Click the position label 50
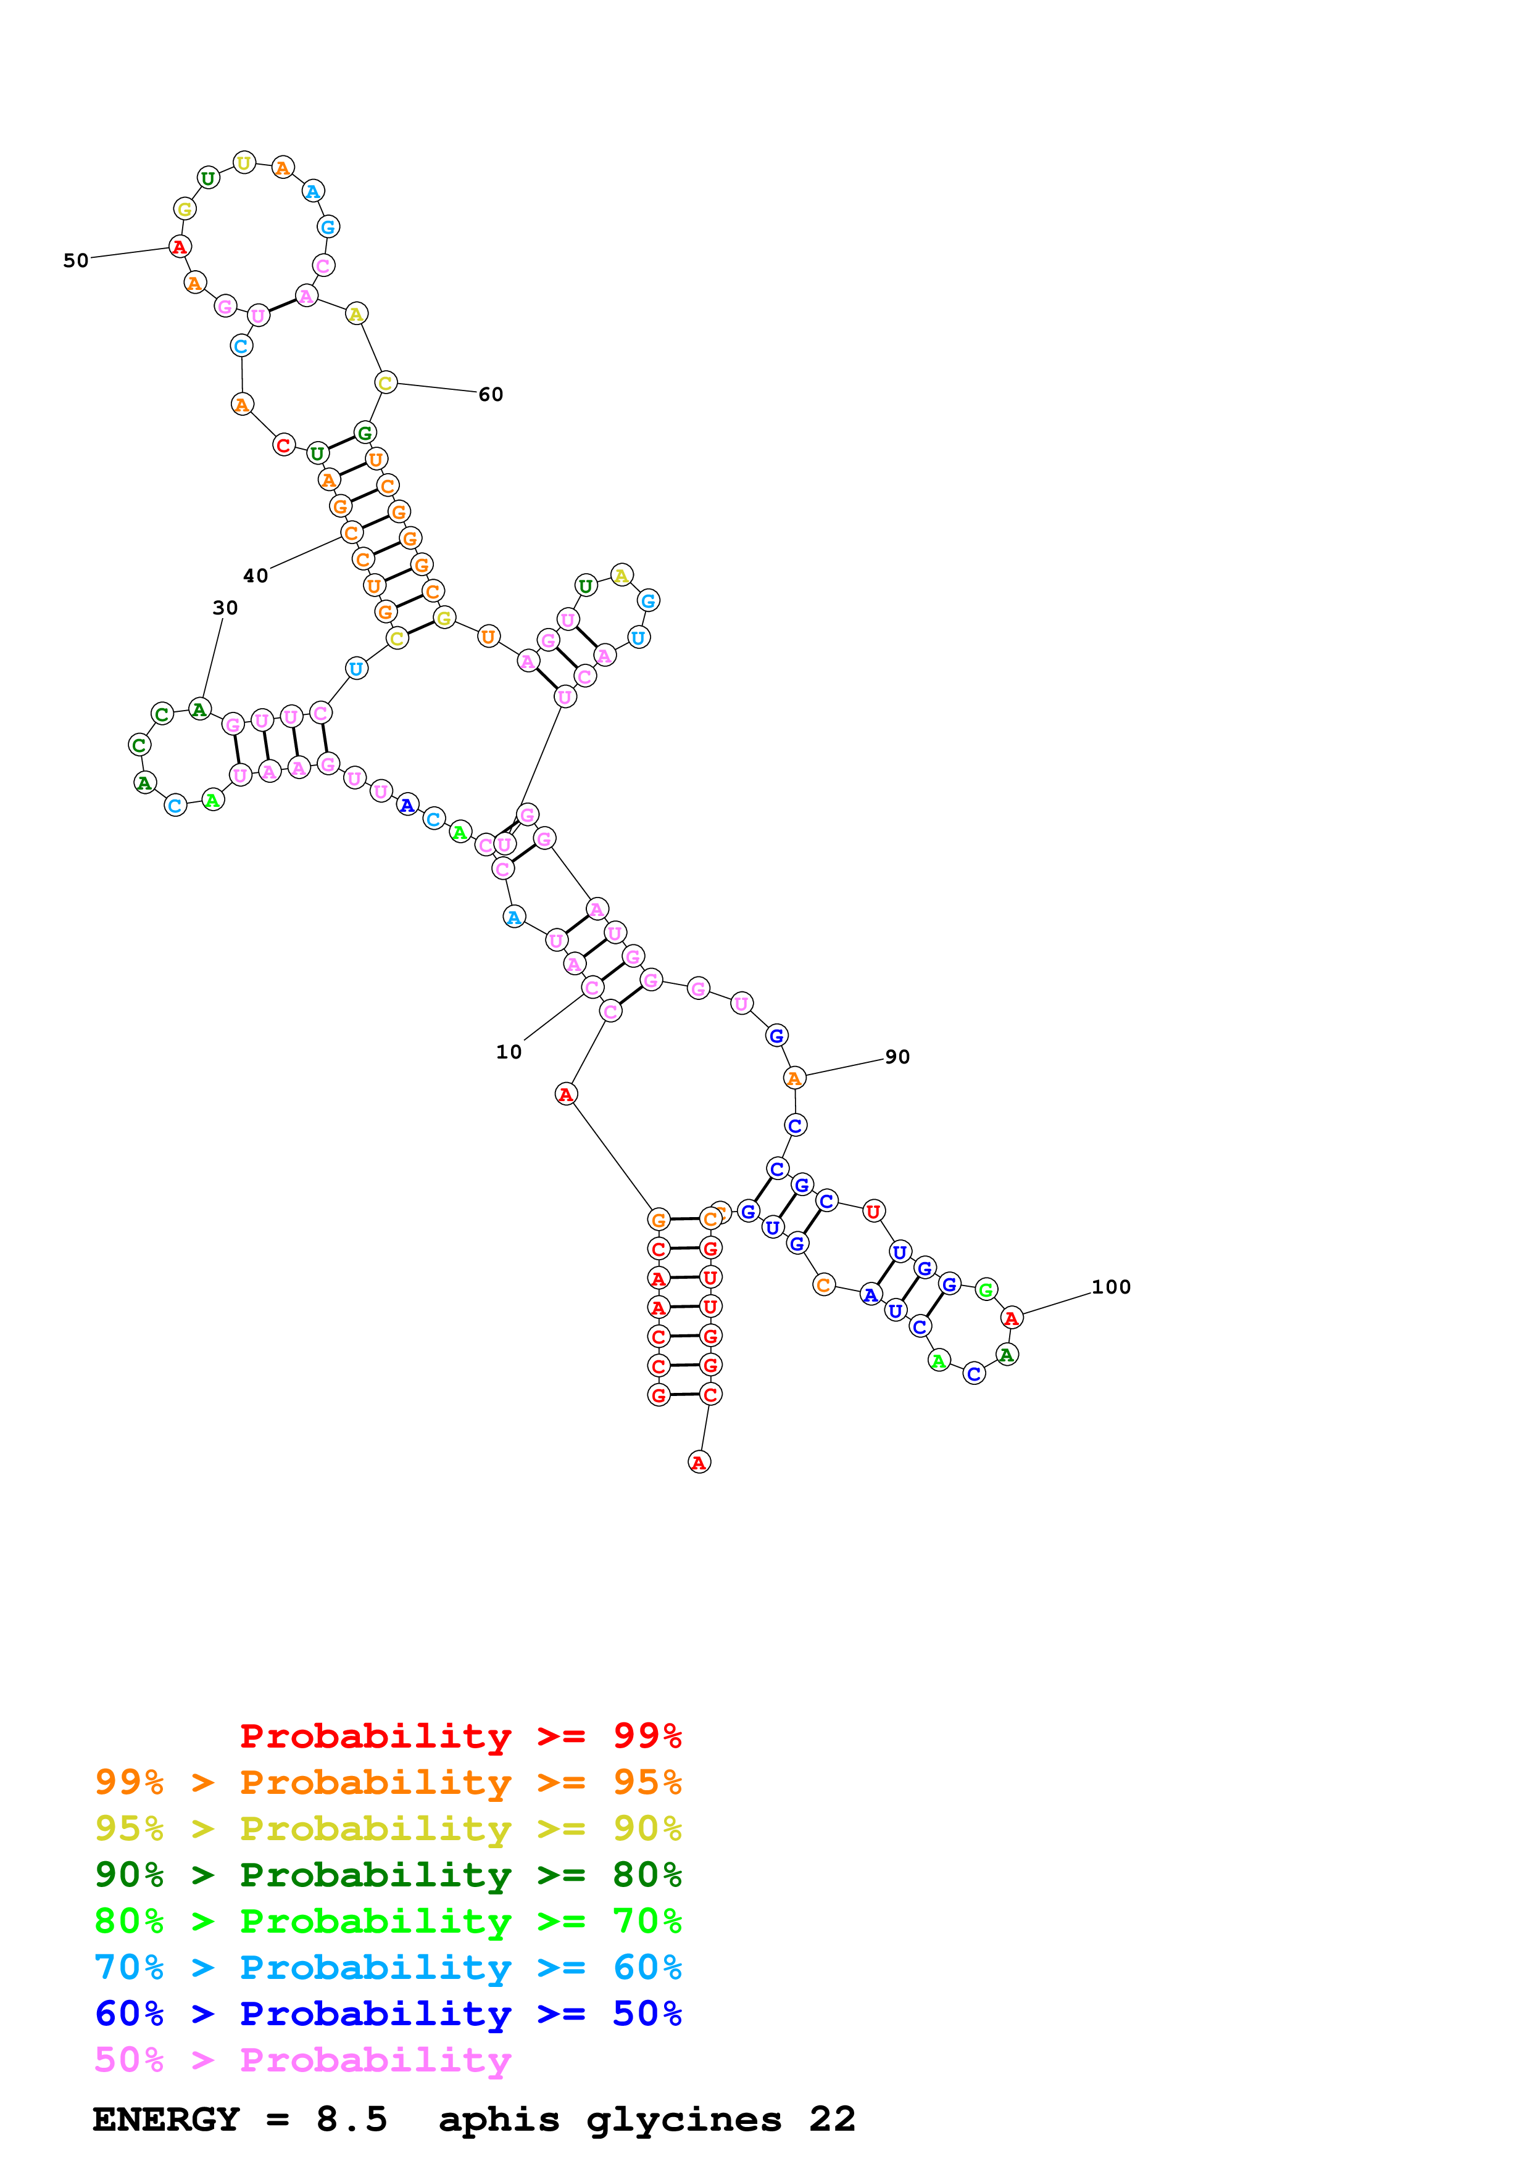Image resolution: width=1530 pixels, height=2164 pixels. click(75, 260)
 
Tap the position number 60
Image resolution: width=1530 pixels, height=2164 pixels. click(490, 394)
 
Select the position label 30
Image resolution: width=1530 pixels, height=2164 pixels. click(225, 608)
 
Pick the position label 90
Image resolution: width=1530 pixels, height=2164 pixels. click(897, 1057)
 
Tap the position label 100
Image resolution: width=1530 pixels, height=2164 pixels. click(1110, 1287)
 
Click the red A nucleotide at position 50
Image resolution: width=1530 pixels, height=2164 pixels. click(179, 247)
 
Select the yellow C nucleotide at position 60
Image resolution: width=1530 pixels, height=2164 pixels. click(385, 382)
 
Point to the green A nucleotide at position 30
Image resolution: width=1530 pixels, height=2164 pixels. click(199, 709)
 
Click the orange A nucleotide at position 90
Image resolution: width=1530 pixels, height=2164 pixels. click(795, 1078)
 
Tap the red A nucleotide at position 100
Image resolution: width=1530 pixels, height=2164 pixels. click(1012, 1318)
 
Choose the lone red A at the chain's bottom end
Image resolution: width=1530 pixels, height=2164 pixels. click(699, 1463)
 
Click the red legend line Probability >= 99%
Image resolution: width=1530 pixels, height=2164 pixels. click(460, 1735)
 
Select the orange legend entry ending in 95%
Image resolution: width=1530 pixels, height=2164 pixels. click(388, 1782)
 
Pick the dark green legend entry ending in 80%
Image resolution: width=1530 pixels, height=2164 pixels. click(388, 1875)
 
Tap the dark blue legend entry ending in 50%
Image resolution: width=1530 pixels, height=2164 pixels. click(388, 2013)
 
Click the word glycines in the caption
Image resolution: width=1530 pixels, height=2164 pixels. click(683, 2120)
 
